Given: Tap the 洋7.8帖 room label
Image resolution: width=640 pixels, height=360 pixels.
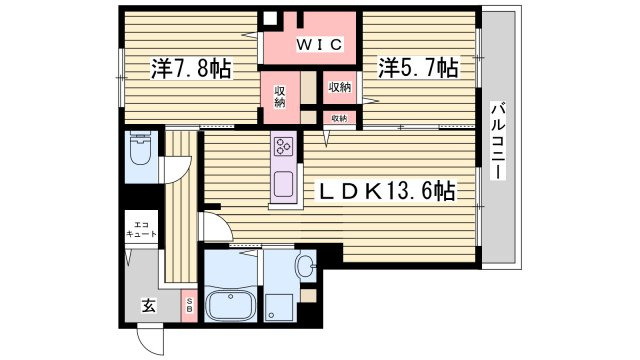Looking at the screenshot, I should (192, 69).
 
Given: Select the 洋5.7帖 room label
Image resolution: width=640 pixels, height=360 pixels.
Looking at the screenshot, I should (418, 68).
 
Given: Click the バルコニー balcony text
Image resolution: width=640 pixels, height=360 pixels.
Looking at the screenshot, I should (497, 140).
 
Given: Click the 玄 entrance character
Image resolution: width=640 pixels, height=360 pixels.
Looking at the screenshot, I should (147, 306).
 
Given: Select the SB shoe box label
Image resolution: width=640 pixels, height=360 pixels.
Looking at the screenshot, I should (190, 305).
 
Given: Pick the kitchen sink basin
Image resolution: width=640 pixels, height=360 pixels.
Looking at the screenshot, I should (283, 185).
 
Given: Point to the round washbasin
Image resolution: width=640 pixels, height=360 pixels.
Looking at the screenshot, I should (305, 265).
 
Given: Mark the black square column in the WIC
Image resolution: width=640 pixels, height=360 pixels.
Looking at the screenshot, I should (270, 19).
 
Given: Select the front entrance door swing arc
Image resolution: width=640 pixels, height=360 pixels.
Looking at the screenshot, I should (149, 338).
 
